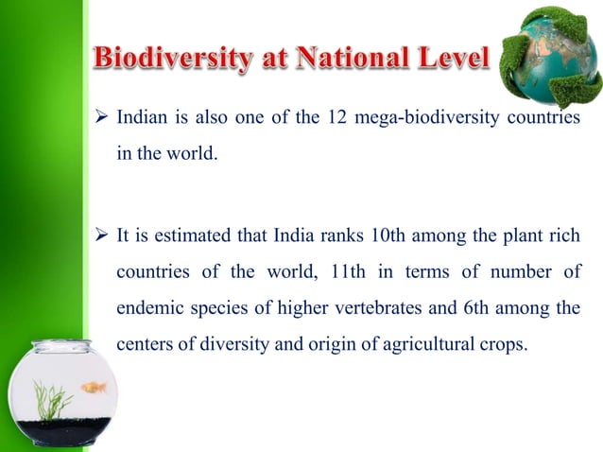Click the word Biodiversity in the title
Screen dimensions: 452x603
click(x=173, y=61)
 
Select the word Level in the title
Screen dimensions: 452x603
click(x=450, y=61)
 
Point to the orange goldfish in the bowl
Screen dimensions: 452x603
click(x=94, y=387)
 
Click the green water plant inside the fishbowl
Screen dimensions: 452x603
click(x=52, y=401)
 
